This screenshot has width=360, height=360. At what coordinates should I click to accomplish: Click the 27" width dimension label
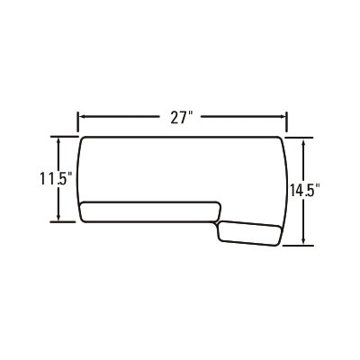(181, 118)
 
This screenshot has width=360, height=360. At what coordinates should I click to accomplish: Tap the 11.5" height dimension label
(56, 179)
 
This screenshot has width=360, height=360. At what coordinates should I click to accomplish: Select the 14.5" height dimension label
(305, 190)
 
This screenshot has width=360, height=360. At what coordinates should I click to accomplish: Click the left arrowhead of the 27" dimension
(82, 117)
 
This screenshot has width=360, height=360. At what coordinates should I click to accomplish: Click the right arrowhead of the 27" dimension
(283, 117)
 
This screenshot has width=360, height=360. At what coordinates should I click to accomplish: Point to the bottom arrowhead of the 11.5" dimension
(58, 217)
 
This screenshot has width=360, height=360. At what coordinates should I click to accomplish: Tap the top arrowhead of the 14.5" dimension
(304, 142)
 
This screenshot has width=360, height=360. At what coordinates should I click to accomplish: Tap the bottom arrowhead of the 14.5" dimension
(304, 240)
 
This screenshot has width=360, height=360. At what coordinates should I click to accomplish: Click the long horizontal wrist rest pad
(150, 212)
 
